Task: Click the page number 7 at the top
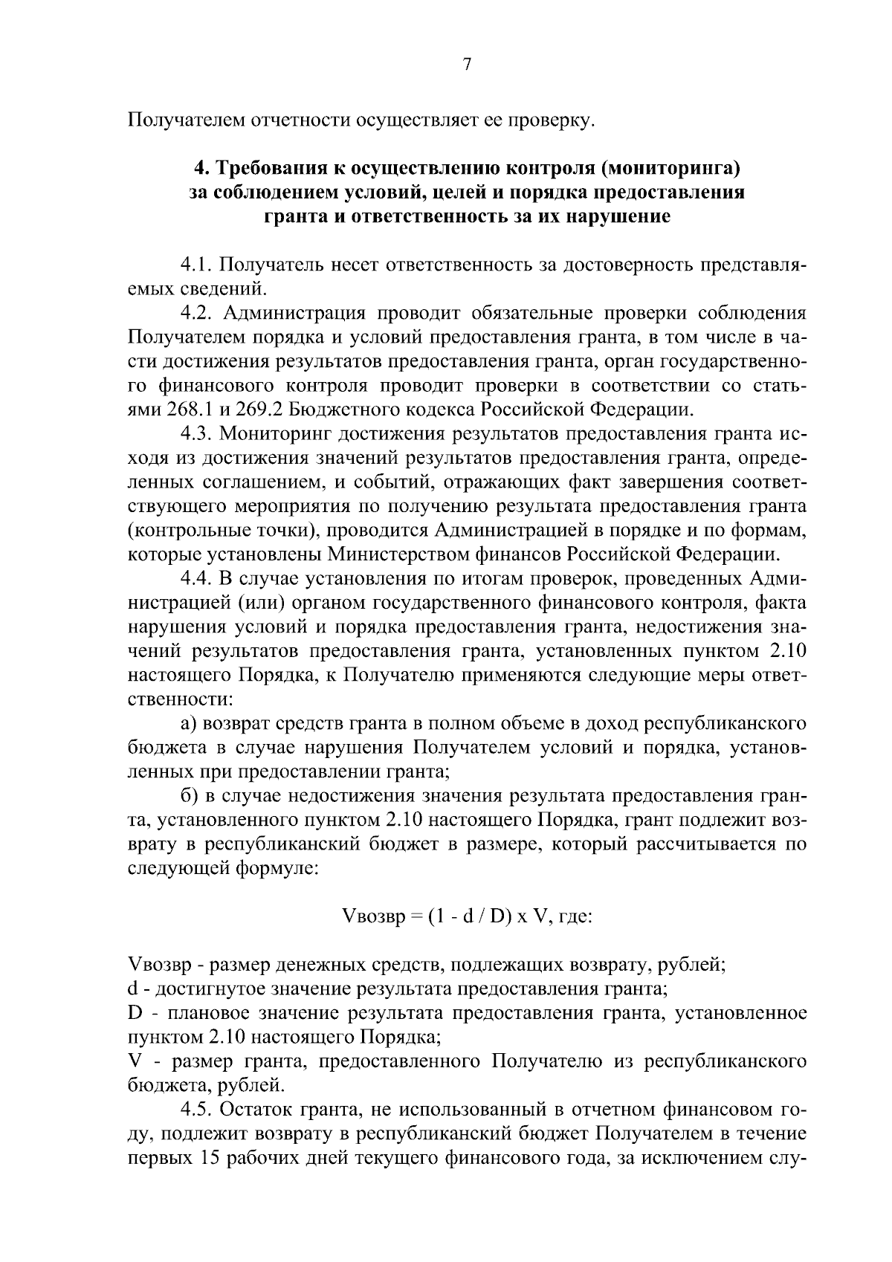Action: click(467, 65)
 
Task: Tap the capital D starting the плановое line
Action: click(135, 1014)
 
